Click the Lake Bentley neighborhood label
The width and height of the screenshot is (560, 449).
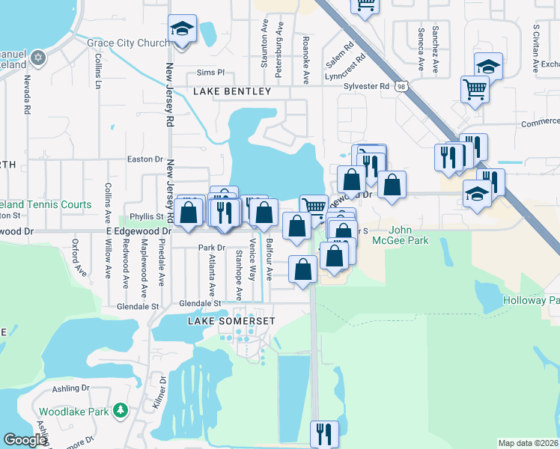pyautogui.click(x=232, y=91)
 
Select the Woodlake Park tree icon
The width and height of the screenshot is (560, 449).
pyautogui.click(x=120, y=410)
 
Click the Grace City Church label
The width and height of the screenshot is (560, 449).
pyautogui.click(x=128, y=43)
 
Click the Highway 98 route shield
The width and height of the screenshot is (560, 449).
pyautogui.click(x=402, y=87)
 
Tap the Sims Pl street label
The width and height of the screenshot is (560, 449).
pyautogui.click(x=210, y=73)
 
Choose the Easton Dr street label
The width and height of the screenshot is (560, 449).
pyautogui.click(x=145, y=159)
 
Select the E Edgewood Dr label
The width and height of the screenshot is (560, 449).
pyautogui.click(x=139, y=232)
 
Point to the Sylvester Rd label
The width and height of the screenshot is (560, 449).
pyautogui.click(x=367, y=86)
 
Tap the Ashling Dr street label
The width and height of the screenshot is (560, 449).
pyautogui.click(x=71, y=388)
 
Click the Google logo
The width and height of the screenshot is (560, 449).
pyautogui.click(x=25, y=440)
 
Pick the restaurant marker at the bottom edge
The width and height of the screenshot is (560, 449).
pyautogui.click(x=324, y=433)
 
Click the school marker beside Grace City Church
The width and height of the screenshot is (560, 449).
pyautogui.click(x=182, y=29)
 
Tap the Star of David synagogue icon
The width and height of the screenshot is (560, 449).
pyautogui.click(x=39, y=58)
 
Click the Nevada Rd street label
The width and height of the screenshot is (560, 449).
pyautogui.click(x=27, y=94)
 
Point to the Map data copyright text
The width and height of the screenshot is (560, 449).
pyautogui.click(x=527, y=443)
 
